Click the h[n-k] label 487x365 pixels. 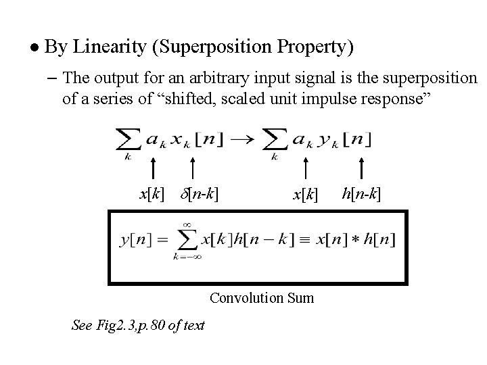[x=361, y=195]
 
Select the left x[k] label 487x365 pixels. [x=152, y=195]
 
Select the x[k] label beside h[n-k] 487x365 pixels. [x=306, y=195]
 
